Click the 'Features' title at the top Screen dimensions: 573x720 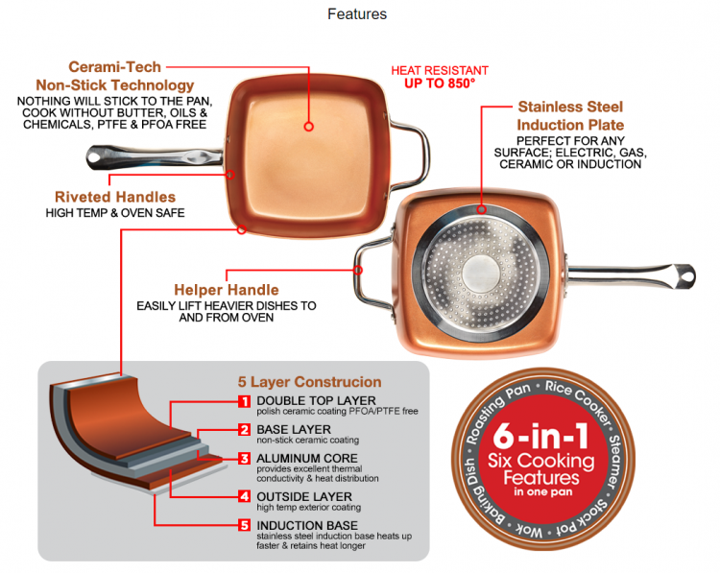point(357,14)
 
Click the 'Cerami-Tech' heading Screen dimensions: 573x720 point(113,67)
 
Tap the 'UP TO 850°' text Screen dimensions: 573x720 point(440,84)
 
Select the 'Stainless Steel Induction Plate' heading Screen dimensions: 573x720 point(570,116)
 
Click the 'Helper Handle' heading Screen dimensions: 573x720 point(227,289)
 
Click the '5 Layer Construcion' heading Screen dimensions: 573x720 point(309,382)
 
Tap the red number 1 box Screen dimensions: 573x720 point(244,401)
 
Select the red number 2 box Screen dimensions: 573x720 point(244,430)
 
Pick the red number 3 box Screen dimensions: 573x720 point(244,459)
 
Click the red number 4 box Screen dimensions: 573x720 point(244,496)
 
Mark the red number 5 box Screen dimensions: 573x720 point(244,525)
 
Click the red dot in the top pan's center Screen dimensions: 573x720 point(309,126)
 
